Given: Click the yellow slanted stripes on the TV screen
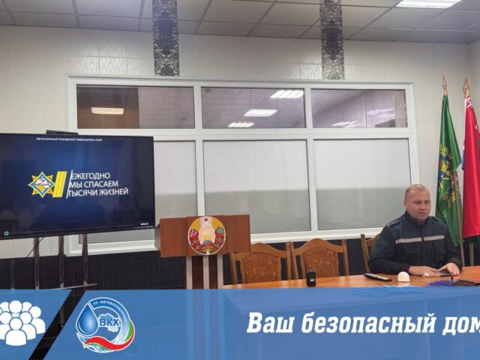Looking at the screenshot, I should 59,184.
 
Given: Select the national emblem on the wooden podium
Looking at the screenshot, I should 206,235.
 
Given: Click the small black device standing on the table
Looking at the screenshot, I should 310,278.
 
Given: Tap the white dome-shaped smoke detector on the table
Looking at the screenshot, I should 403,277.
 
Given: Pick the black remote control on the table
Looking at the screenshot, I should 377,277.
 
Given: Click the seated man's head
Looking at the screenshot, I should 416,202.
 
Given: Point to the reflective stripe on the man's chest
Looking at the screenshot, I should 420,239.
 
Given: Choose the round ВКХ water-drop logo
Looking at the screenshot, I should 105,325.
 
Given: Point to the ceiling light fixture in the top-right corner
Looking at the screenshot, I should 428,4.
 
